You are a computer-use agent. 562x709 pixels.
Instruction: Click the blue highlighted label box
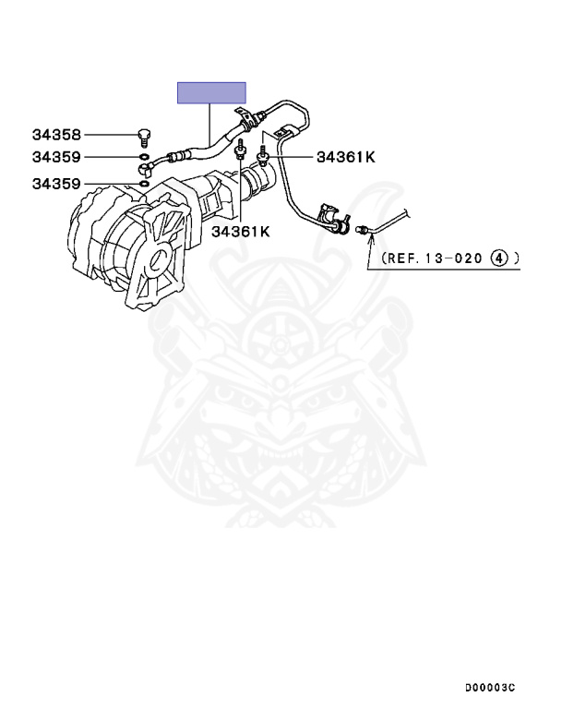[x=211, y=92]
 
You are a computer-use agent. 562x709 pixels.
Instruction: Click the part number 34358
[x=56, y=135]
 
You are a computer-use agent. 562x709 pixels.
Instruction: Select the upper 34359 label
[x=56, y=157]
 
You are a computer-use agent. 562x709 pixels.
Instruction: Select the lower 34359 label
[x=56, y=184]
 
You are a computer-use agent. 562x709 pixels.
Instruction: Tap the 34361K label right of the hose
[x=346, y=157]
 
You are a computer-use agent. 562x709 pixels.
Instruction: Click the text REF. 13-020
[x=428, y=258]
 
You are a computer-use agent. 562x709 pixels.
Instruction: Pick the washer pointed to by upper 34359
[x=143, y=158]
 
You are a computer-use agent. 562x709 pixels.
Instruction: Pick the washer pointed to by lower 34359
[x=142, y=185]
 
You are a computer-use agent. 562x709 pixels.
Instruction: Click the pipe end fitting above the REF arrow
[x=364, y=227]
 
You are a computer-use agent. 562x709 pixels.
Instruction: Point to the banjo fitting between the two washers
[x=149, y=170]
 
